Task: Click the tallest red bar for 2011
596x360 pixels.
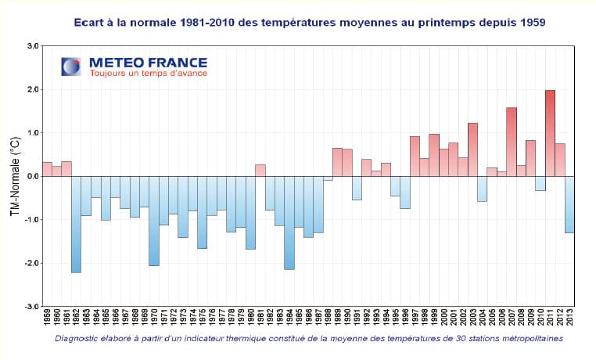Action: pyautogui.click(x=550, y=133)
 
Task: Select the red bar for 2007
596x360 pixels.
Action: pyautogui.click(x=512, y=142)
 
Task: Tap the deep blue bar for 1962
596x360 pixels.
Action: pyautogui.click(x=76, y=224)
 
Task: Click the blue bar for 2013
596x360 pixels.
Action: pyautogui.click(x=569, y=204)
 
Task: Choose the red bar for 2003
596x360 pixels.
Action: pyautogui.click(x=472, y=149)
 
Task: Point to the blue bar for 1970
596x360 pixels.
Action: pyautogui.click(x=153, y=221)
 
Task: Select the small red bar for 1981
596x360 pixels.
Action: pyautogui.click(x=260, y=170)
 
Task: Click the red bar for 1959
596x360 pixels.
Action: pyautogui.click(x=47, y=169)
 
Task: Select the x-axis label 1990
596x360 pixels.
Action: pyautogui.click(x=347, y=320)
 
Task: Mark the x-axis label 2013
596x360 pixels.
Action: pyautogui.click(x=570, y=320)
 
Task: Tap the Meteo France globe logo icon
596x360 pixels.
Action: pyautogui.click(x=71, y=66)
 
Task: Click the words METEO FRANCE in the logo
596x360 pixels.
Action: pyautogui.click(x=148, y=62)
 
